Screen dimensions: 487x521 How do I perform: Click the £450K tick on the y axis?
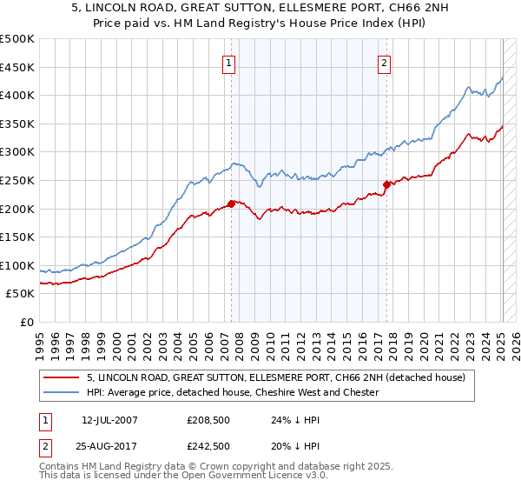pyautogui.click(x=17, y=67)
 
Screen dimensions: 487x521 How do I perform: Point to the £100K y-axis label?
pyautogui.click(x=17, y=265)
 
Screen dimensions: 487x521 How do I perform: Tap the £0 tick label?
pyautogui.click(x=26, y=322)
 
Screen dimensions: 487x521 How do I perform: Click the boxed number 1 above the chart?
pyautogui.click(x=229, y=62)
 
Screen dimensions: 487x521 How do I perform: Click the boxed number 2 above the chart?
pyautogui.click(x=384, y=62)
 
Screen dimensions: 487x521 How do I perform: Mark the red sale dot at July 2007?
pyautogui.click(x=231, y=203)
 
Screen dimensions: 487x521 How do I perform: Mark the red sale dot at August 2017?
pyautogui.click(x=386, y=184)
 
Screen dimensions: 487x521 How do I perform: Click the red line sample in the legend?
pyautogui.click(x=62, y=377)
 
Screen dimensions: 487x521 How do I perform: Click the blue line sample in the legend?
pyautogui.click(x=62, y=392)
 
